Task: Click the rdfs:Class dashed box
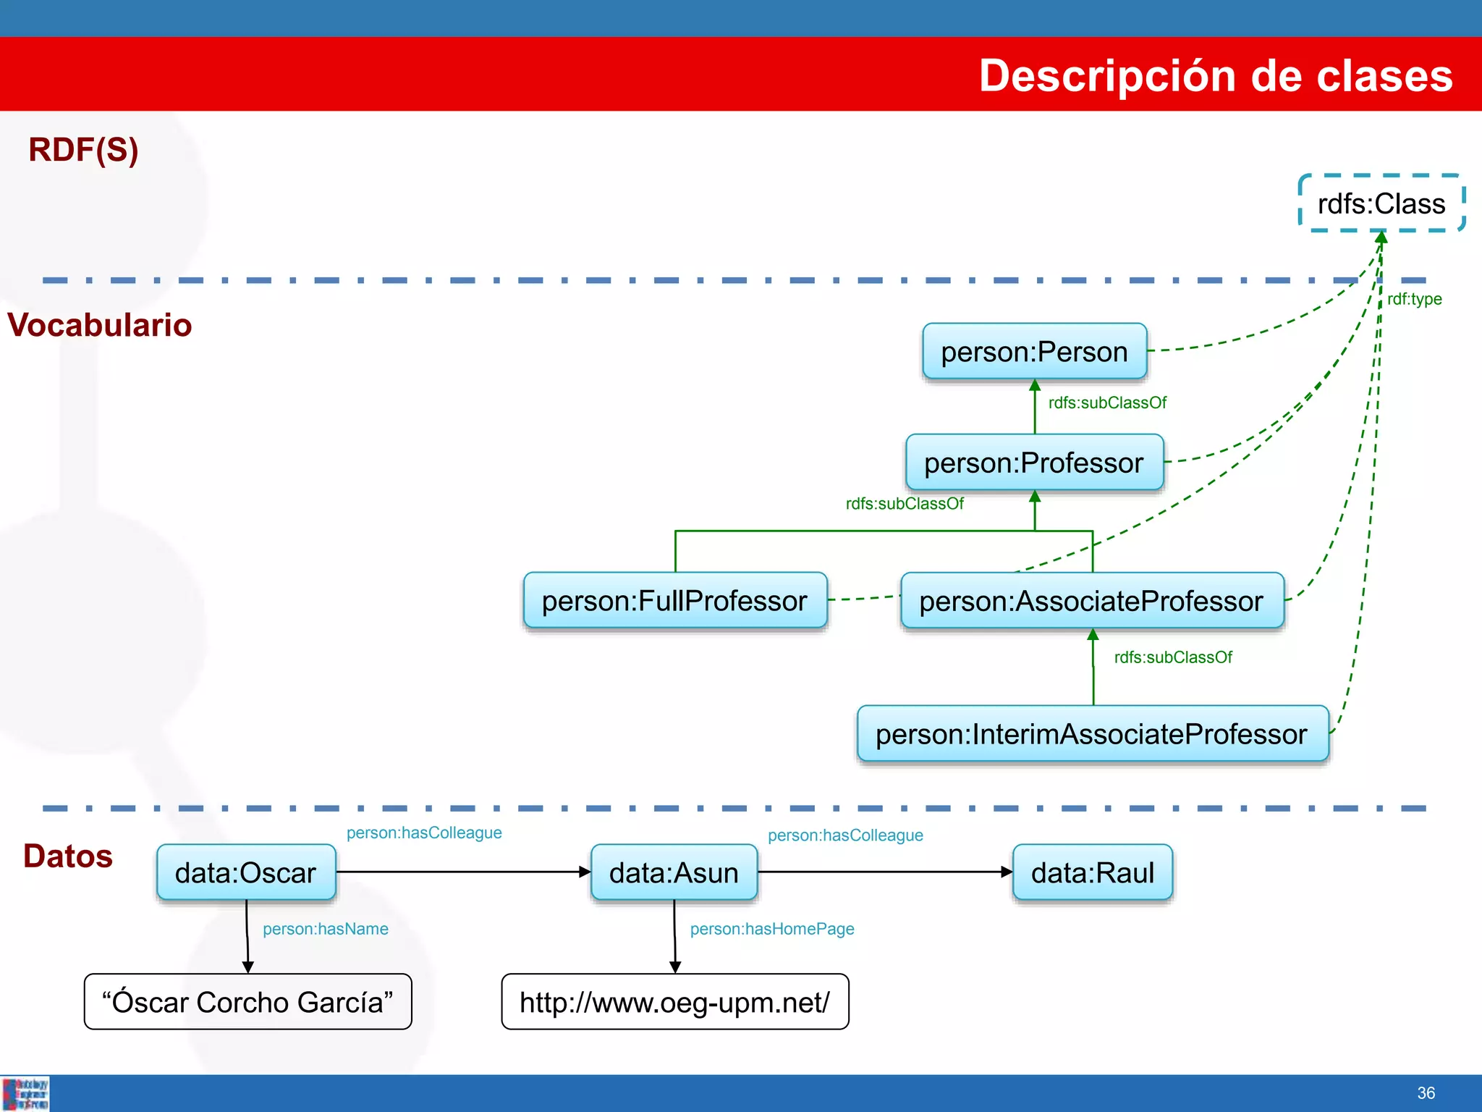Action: (1381, 203)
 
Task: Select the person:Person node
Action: (1034, 352)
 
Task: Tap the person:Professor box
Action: (1034, 463)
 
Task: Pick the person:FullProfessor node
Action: (674, 601)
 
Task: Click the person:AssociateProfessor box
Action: (1091, 601)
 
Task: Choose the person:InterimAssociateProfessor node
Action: (1092, 734)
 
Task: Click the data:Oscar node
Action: (246, 873)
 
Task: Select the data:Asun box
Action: (674, 873)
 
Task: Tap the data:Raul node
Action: (1092, 873)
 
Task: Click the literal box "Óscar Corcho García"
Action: (247, 1002)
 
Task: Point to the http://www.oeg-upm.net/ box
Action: (674, 1002)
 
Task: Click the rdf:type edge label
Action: (1414, 299)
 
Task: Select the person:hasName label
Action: (325, 929)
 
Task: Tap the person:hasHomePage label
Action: (771, 929)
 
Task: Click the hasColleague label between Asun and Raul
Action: (845, 835)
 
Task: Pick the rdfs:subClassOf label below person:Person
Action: (1107, 403)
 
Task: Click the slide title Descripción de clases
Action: (1216, 75)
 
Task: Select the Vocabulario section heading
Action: (100, 325)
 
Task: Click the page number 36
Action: (1426, 1093)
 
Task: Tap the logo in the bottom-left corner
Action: (25, 1094)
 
